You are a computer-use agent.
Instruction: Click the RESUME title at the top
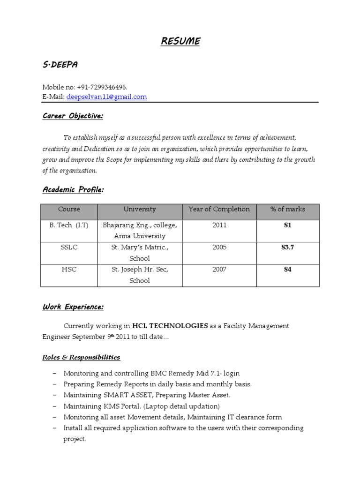click(x=180, y=41)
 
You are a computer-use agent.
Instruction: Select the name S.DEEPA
click(x=60, y=65)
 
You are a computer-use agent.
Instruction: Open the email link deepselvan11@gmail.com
click(x=106, y=97)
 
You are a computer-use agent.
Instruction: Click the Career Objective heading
click(x=72, y=116)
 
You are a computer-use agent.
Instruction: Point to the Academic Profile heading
click(x=73, y=190)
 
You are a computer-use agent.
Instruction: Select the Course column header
click(x=69, y=210)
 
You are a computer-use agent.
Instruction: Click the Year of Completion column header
click(x=219, y=210)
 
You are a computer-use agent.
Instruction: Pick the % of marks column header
click(x=287, y=210)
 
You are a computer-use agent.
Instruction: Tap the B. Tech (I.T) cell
click(x=69, y=225)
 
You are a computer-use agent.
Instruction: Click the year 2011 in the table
click(x=219, y=225)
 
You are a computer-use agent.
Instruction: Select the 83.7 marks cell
click(x=287, y=247)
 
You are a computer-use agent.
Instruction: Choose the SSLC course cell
click(x=69, y=247)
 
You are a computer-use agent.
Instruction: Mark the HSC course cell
click(x=69, y=270)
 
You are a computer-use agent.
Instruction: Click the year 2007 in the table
click(x=219, y=270)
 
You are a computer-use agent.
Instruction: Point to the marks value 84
click(x=287, y=270)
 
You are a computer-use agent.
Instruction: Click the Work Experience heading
click(x=73, y=307)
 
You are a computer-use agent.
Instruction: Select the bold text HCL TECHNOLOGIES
click(x=170, y=325)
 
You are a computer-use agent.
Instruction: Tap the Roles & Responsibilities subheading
click(x=81, y=357)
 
